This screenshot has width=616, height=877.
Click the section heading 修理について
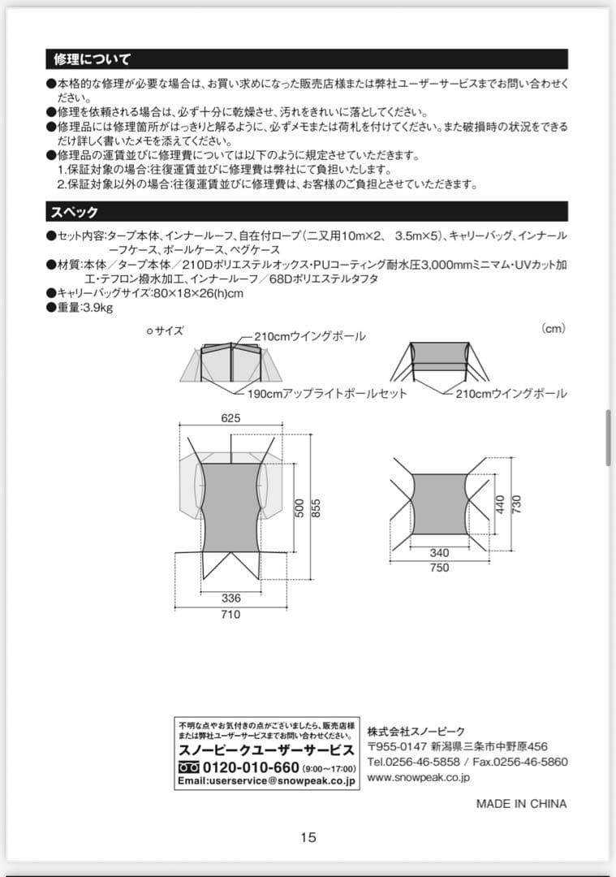92,59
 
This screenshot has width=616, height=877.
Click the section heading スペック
75,212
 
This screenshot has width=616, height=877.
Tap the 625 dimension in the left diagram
230,419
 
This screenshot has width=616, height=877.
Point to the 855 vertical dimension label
317,508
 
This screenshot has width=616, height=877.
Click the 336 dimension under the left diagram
230,598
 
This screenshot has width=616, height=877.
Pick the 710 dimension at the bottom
230,615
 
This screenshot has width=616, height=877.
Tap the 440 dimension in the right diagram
500,504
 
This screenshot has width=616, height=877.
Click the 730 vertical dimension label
515,504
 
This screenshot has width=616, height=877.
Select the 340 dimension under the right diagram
439,553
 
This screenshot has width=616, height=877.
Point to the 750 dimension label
439,568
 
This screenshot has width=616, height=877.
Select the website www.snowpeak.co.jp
418,777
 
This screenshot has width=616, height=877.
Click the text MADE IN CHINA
521,804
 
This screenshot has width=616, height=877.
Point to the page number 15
308,838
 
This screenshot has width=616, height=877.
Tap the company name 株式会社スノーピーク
416,729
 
